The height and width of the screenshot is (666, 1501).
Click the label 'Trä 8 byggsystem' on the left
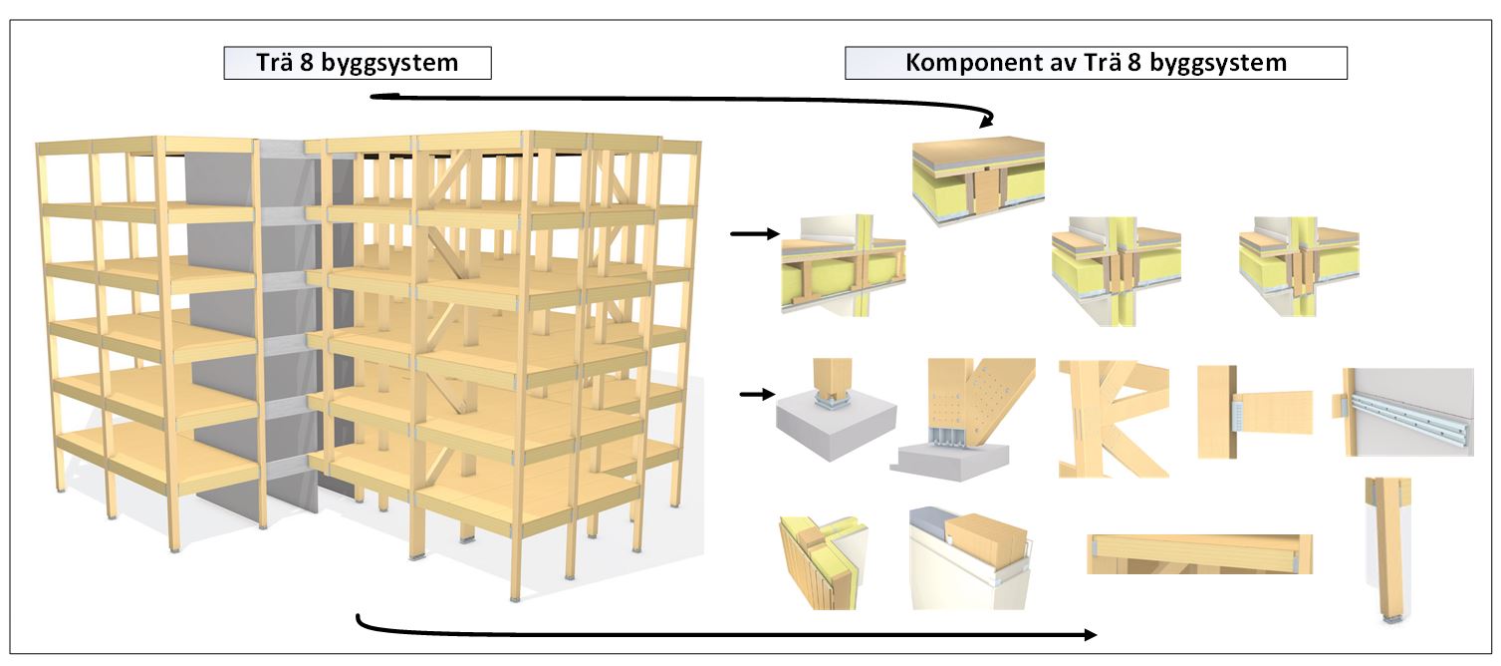click(358, 64)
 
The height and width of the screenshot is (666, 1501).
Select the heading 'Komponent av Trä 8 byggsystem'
click(1096, 64)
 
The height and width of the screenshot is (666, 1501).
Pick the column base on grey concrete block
click(833, 410)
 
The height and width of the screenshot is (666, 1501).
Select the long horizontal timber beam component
click(1198, 553)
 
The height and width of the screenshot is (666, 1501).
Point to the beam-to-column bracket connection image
click(1253, 410)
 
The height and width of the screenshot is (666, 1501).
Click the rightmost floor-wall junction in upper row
click(1298, 263)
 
